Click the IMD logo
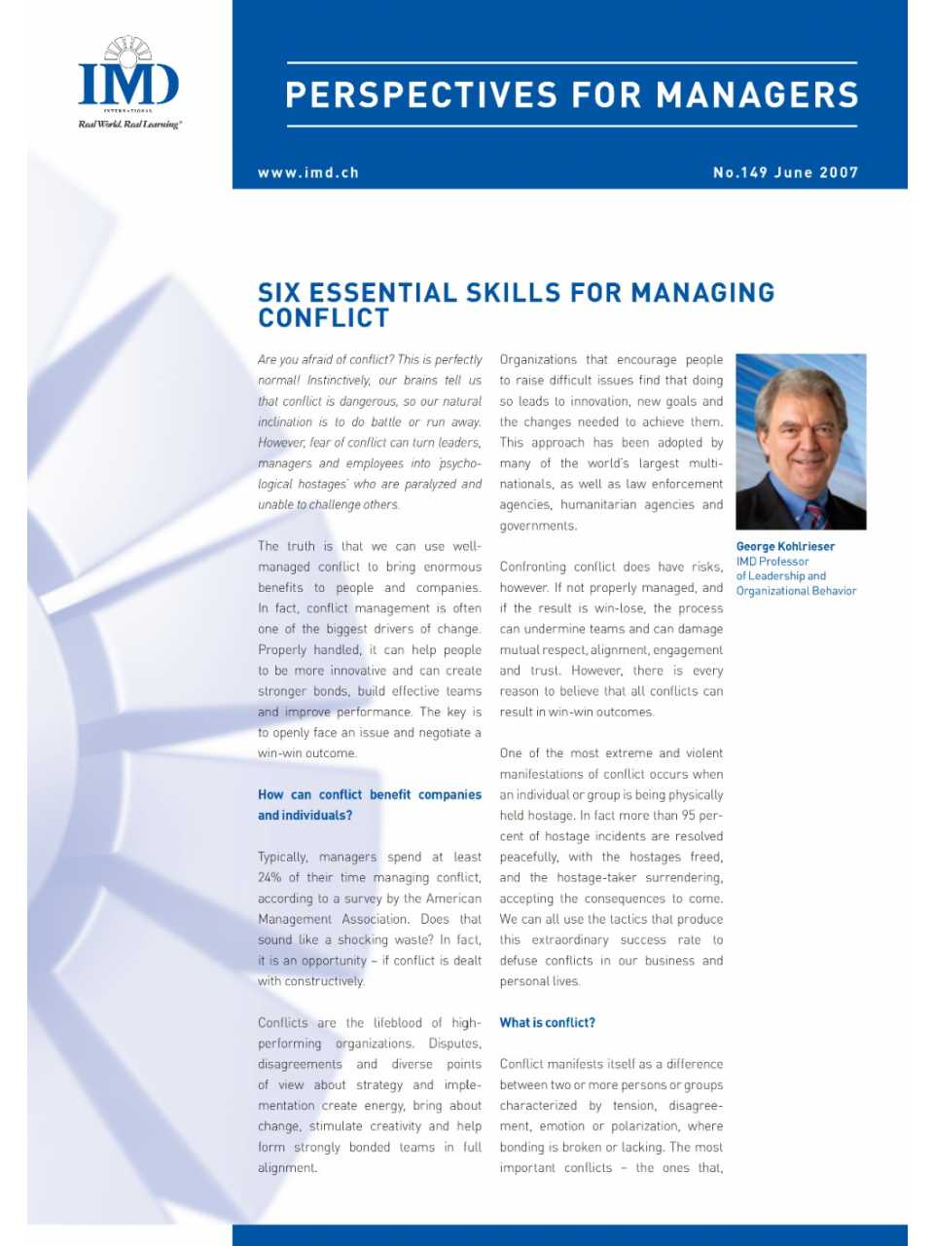click(128, 78)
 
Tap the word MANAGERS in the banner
click(757, 95)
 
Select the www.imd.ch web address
click(308, 173)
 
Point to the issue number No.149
click(740, 173)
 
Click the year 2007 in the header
click(839, 173)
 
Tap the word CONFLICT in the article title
click(324, 318)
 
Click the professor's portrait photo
click(801, 441)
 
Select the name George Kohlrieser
click(785, 547)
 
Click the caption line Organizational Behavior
click(796, 591)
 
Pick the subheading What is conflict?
click(547, 1023)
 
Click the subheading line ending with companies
click(370, 795)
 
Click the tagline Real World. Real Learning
click(129, 125)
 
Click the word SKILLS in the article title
click(513, 293)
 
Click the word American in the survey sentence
click(454, 898)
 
